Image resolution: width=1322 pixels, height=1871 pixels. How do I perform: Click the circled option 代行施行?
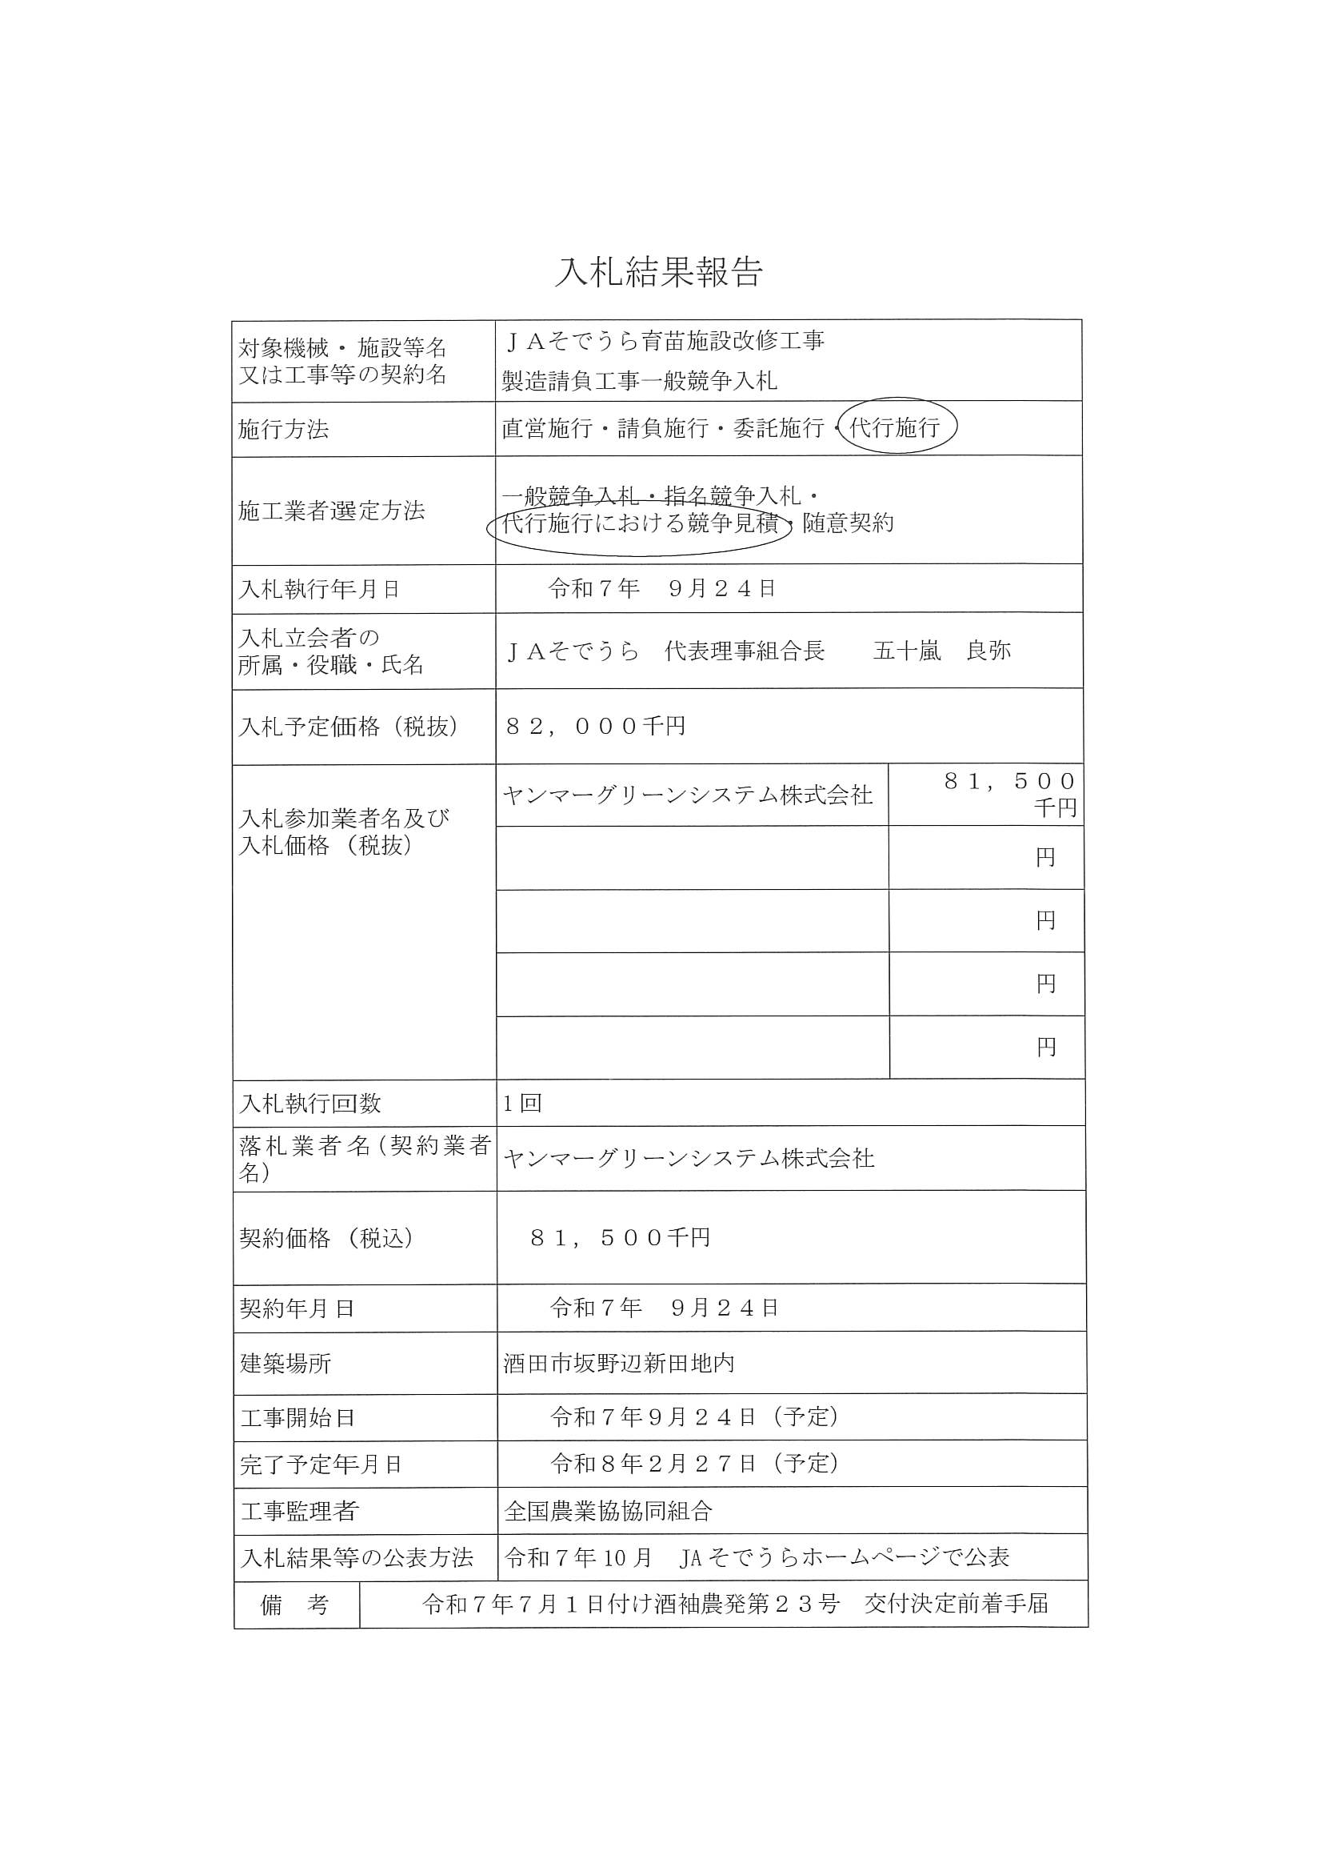point(894,427)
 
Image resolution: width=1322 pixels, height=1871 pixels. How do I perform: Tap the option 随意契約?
point(848,523)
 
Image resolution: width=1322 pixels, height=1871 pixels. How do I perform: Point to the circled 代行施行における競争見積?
point(641,524)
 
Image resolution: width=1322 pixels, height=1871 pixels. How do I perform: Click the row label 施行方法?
point(283,430)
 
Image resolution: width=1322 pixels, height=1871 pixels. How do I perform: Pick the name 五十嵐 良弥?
point(941,651)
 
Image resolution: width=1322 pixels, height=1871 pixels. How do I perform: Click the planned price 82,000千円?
point(596,726)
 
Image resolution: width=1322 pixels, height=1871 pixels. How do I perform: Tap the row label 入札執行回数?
point(310,1104)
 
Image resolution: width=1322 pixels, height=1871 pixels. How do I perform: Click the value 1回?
point(522,1104)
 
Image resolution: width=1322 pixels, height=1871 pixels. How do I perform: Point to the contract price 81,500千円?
point(620,1238)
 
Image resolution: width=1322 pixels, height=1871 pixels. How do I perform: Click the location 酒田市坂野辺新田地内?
point(619,1364)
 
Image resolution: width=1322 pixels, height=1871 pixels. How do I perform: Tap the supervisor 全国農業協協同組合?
point(609,1512)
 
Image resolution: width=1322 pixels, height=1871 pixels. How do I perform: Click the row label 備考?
point(295,1605)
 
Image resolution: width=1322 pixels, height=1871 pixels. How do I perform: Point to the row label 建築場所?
point(286,1364)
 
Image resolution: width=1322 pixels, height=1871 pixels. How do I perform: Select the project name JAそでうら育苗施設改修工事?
point(664,342)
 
